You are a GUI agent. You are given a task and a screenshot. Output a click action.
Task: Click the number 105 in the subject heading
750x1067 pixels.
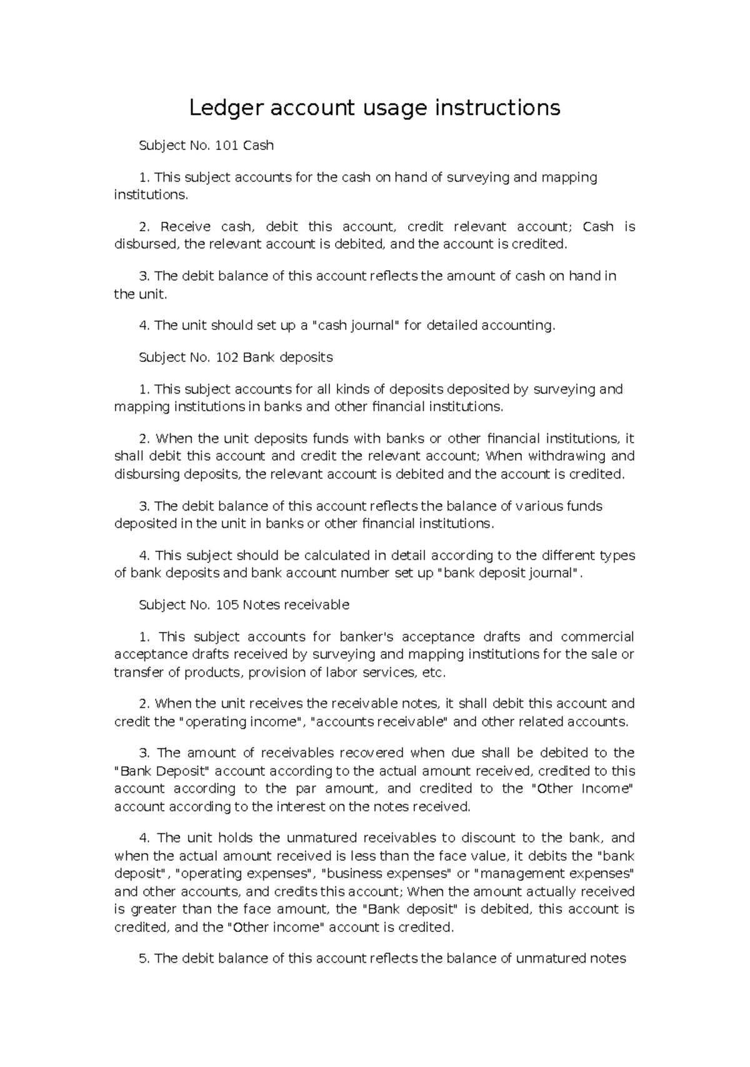[227, 605]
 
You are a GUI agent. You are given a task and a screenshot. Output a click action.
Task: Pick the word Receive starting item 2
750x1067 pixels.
[186, 226]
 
